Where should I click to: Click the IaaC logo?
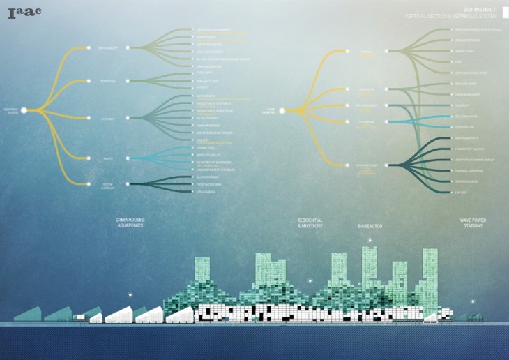[25, 11]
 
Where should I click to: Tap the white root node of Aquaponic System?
[24, 110]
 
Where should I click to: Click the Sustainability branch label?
[109, 47]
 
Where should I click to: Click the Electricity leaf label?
[464, 105]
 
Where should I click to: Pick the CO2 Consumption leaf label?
[468, 117]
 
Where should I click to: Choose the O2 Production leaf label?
[466, 128]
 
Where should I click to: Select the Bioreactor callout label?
[370, 226]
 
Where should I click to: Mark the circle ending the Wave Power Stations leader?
[473, 301]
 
